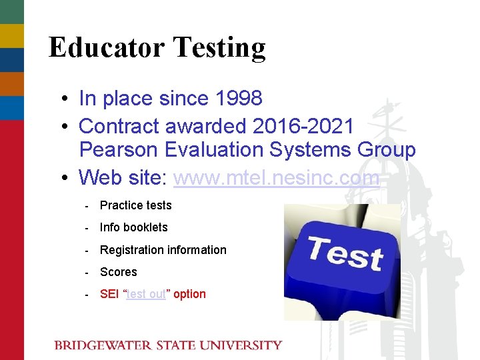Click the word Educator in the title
tap(106, 47)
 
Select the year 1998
tap(239, 99)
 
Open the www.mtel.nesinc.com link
tap(276, 177)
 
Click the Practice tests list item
tap(135, 205)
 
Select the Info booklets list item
tap(133, 227)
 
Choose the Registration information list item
tap(163, 250)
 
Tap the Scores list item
tap(118, 272)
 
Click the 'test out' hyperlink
tap(146, 294)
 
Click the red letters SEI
tap(109, 294)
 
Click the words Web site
tap(123, 177)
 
